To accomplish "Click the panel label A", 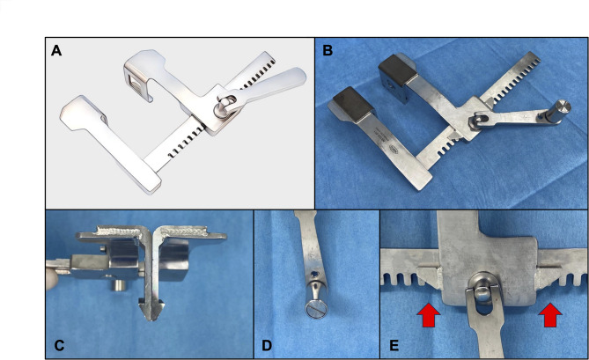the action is [x=56, y=50].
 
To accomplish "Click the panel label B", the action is [x=328, y=50].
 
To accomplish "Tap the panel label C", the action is [x=59, y=345].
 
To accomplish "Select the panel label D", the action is [x=267, y=345].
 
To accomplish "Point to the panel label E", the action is [x=394, y=345].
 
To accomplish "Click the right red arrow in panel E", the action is [x=550, y=314].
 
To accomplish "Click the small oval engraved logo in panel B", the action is [x=393, y=148].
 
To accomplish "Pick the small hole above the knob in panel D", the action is [x=316, y=275].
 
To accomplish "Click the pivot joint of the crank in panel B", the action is [x=477, y=121].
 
